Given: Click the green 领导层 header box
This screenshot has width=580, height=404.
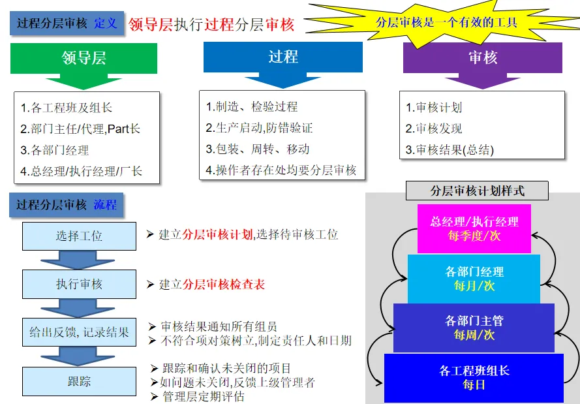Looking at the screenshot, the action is coord(84,58).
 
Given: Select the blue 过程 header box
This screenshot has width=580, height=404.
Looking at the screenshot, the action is coord(282,57).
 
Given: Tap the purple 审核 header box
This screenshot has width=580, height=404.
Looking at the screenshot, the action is coord(483,57).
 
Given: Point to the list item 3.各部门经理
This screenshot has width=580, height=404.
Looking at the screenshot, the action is coord(55,150).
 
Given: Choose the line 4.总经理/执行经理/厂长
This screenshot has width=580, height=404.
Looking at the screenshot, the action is coord(82,172).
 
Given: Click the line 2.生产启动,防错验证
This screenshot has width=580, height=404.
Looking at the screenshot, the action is coord(259,128).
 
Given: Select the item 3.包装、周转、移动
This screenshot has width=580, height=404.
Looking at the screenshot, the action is coord(258,149).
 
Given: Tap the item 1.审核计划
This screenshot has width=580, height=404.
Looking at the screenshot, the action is coord(434,108).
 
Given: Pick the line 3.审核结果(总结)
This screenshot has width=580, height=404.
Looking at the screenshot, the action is coord(450,150).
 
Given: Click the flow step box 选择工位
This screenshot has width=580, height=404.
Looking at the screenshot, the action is coord(79,236).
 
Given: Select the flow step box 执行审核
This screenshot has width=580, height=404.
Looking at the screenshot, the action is coord(79,285).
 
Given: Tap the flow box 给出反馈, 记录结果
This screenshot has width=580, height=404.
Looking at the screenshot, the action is coord(79,332).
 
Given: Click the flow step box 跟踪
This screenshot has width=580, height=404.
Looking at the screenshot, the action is coord(79,381).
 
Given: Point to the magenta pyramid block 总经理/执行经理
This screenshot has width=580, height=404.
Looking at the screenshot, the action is coord(474,228).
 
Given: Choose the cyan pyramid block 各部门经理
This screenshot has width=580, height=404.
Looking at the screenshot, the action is coord(474,279).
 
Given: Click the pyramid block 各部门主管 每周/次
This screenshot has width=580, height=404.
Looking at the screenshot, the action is coord(474,328).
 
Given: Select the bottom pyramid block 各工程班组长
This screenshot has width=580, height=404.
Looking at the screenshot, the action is coord(474,377).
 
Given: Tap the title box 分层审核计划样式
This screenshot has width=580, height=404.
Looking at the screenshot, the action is coord(478,191).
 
